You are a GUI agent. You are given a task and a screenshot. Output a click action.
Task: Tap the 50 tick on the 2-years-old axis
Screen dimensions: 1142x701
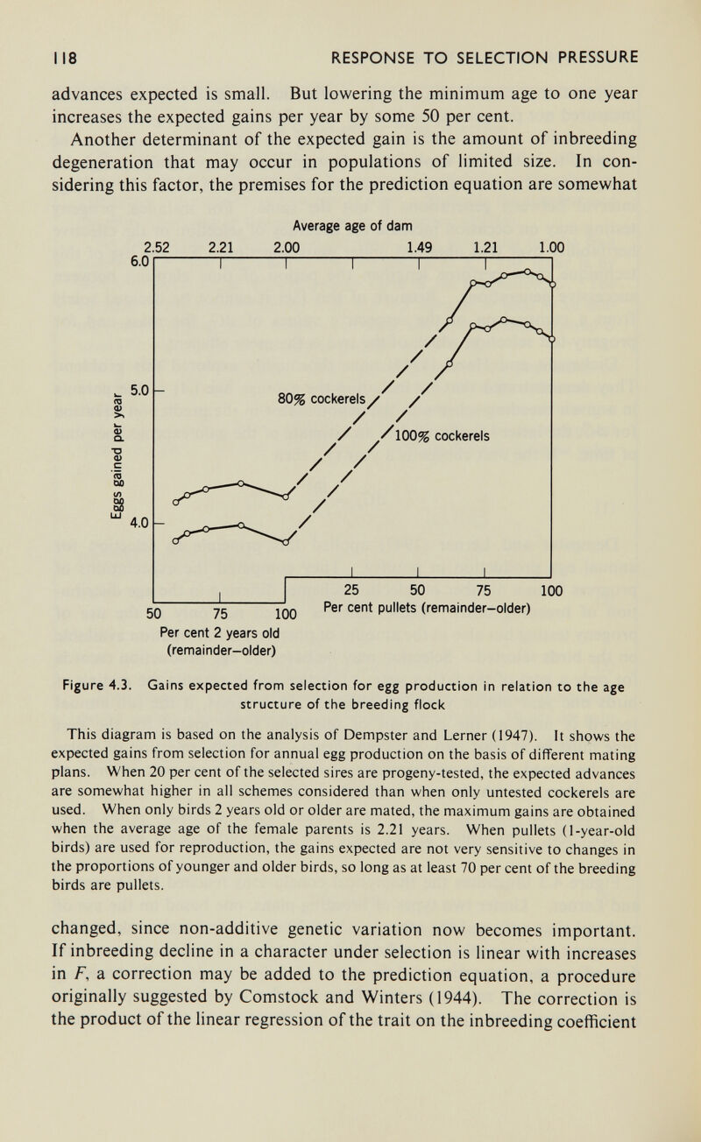[157, 612]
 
